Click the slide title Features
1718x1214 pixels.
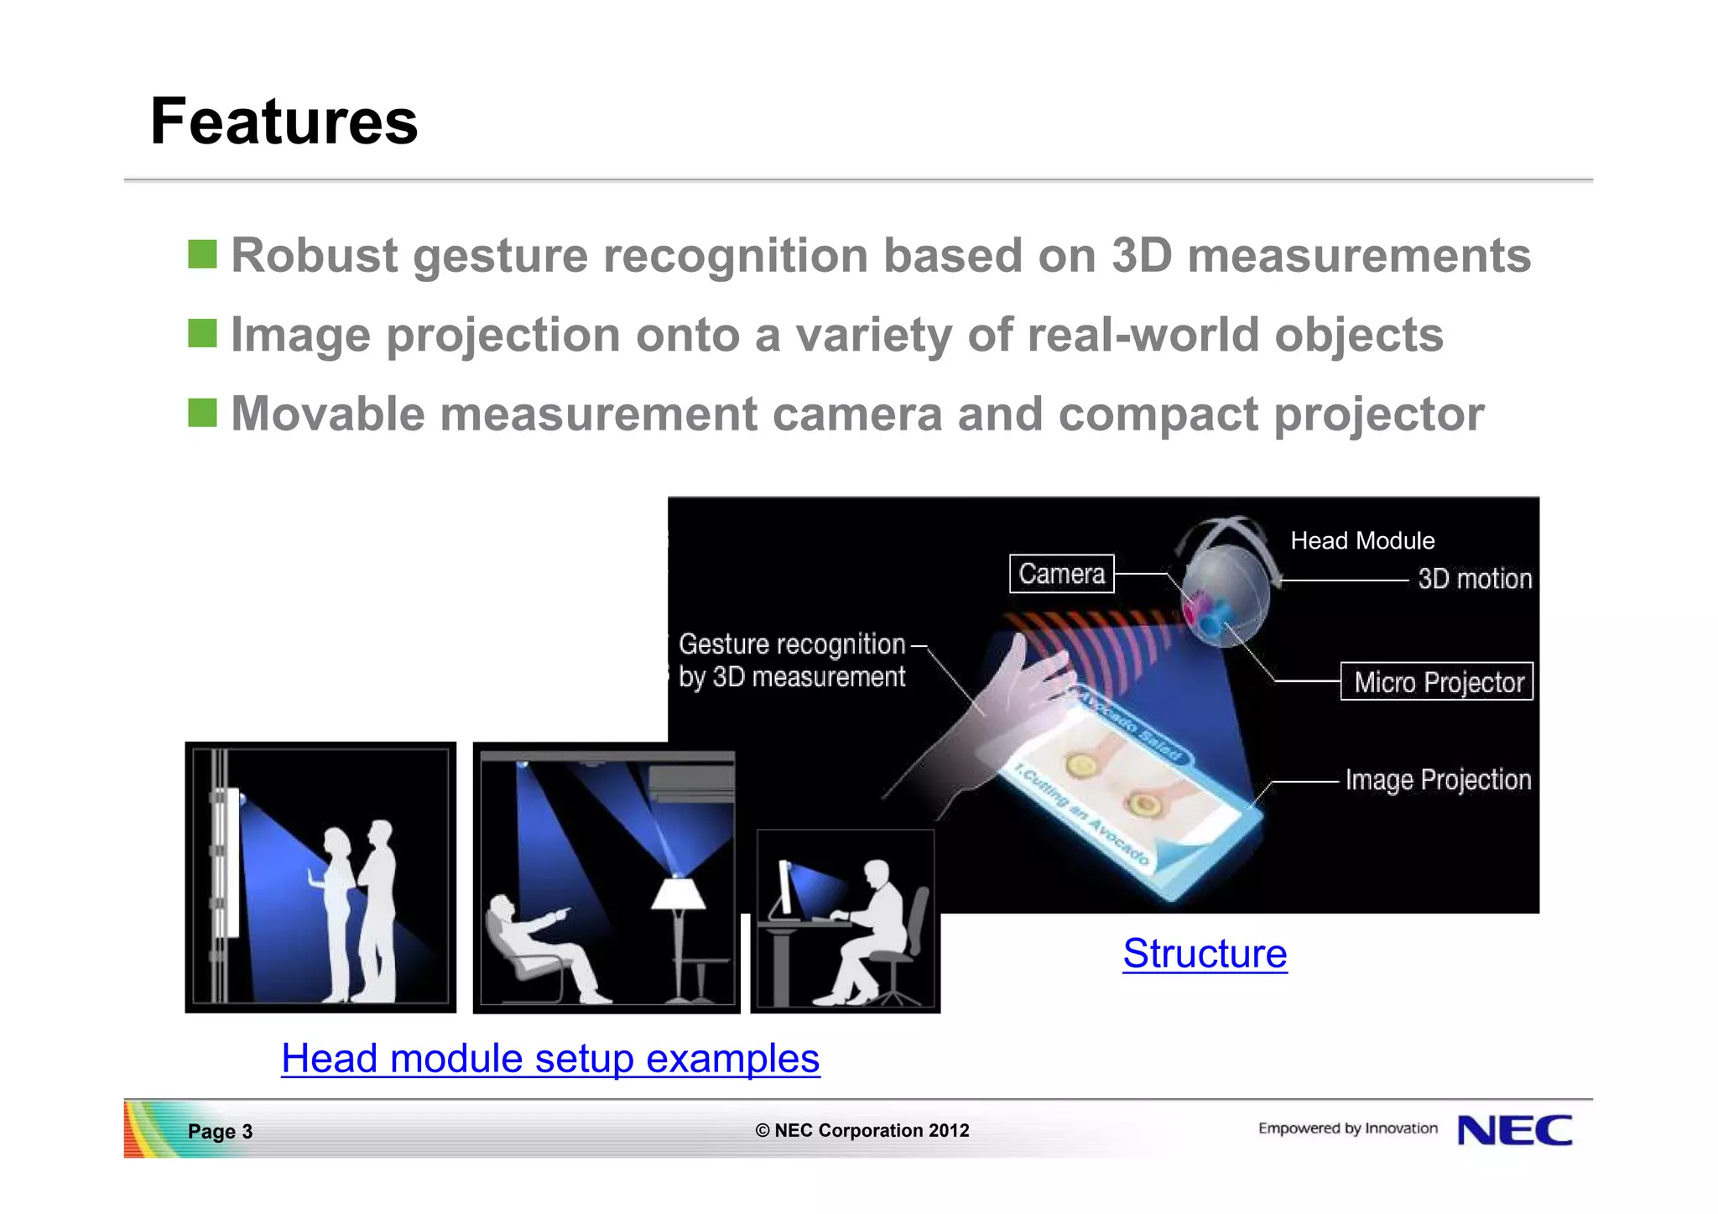point(284,122)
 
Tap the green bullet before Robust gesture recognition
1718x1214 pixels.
point(202,254)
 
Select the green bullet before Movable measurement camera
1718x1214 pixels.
point(202,413)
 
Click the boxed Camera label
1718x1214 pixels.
point(1061,574)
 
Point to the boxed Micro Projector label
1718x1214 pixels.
point(1436,681)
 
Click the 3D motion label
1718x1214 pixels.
point(1474,579)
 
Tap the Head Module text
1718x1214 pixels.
point(1361,540)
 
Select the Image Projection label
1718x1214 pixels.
point(1437,779)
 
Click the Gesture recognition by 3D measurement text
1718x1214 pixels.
point(792,660)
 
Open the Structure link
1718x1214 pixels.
point(1204,953)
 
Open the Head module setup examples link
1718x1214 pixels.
point(550,1058)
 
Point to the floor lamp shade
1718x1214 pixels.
point(678,894)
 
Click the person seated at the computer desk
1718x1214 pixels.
point(872,931)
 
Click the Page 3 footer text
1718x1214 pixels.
point(220,1131)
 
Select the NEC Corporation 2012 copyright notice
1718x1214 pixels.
point(862,1130)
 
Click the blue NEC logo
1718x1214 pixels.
point(1515,1130)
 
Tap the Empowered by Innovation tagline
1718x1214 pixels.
point(1347,1128)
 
